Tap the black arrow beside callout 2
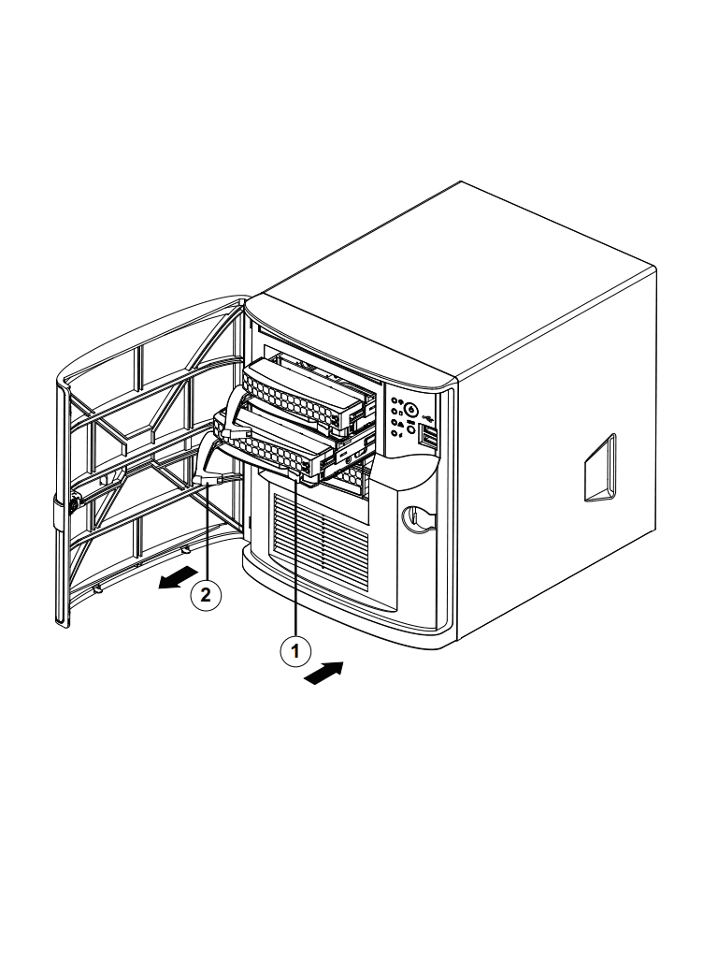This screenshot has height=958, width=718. tap(178, 577)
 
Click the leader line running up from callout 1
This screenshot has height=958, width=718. tap(296, 561)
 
